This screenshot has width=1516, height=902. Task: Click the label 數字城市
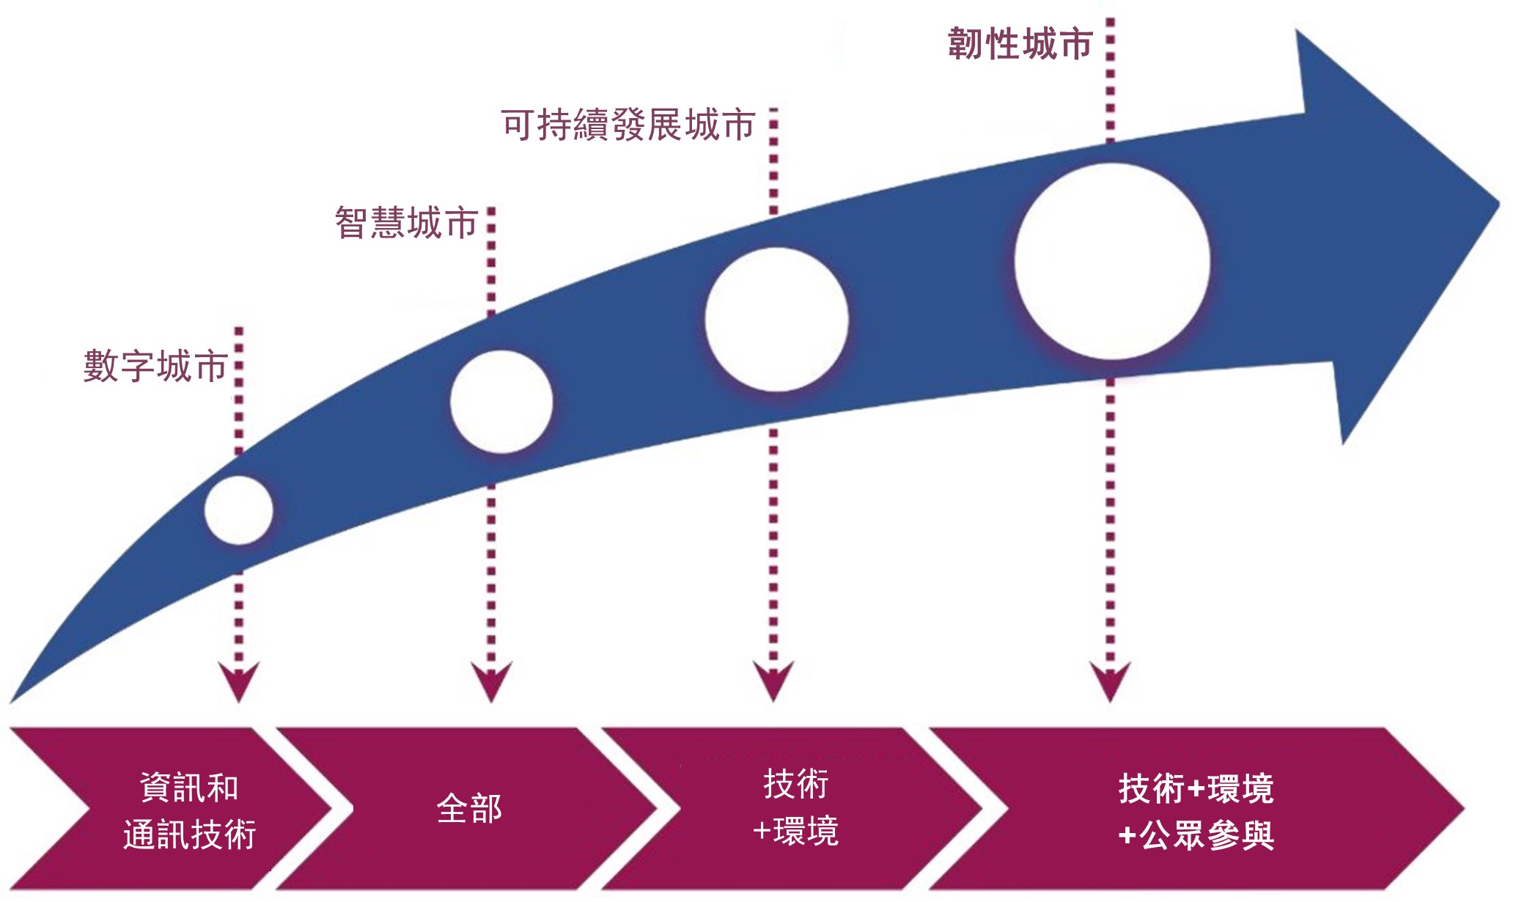[155, 366]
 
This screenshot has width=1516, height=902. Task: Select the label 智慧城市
[407, 223]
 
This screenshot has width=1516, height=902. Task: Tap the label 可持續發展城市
[628, 125]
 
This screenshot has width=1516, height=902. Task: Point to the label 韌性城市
[1020, 44]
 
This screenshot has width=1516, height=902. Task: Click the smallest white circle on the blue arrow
[239, 510]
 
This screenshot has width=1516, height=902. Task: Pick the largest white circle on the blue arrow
[1112, 261]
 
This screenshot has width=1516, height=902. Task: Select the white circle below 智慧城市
[501, 401]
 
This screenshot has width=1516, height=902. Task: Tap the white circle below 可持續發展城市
[776, 319]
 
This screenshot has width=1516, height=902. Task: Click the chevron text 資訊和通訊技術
[189, 811]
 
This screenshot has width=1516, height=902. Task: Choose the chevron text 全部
[469, 809]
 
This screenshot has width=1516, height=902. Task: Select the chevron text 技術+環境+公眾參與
[1196, 811]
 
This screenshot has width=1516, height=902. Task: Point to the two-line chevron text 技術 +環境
[796, 807]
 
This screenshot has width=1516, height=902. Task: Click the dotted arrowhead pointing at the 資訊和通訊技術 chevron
[239, 681]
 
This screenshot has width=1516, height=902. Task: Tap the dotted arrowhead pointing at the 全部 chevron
[491, 681]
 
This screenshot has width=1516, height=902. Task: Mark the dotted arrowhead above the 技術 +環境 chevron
[773, 681]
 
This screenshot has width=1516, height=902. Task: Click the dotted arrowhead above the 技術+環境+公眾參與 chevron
[1110, 681]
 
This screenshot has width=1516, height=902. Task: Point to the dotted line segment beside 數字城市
[239, 389]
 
